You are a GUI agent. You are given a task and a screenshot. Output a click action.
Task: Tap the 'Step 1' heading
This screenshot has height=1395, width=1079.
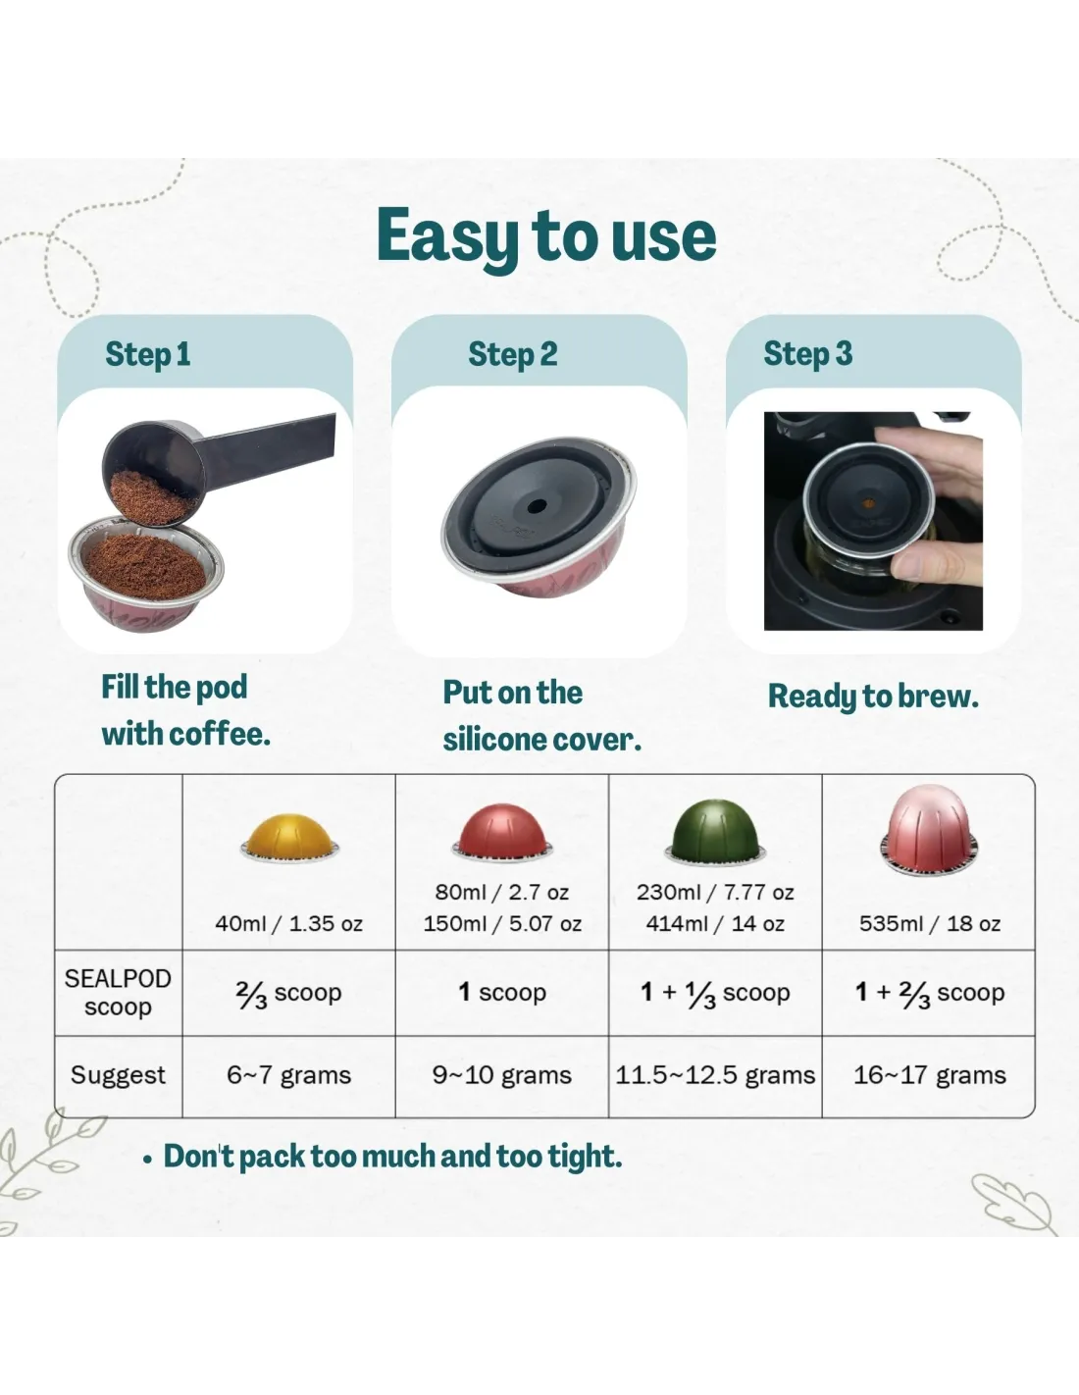click(148, 354)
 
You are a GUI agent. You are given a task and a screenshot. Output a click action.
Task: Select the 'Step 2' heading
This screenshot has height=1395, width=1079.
click(513, 354)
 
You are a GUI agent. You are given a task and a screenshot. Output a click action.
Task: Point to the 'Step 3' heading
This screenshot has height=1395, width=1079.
click(808, 354)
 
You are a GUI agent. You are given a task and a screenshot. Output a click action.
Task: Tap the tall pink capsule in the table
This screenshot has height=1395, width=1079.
click(929, 828)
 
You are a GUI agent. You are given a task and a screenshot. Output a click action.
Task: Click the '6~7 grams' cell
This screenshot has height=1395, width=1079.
click(288, 1074)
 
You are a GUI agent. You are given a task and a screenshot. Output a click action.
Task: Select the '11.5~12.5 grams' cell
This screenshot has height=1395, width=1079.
click(715, 1074)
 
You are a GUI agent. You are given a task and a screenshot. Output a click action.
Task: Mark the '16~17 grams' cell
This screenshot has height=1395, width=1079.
click(930, 1074)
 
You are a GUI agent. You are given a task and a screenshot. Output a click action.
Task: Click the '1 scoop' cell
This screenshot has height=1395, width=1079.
click(502, 992)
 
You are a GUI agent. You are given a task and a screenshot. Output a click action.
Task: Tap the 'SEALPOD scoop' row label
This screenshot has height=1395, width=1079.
click(118, 993)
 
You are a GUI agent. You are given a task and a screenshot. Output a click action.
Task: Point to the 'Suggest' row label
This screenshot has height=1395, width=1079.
click(118, 1074)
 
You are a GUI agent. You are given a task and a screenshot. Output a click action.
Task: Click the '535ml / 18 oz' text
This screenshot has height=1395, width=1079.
click(930, 923)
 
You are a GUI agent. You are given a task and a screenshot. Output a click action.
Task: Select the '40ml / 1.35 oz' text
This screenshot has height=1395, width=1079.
click(288, 923)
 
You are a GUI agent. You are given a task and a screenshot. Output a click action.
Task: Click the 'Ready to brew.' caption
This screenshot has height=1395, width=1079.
click(873, 697)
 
